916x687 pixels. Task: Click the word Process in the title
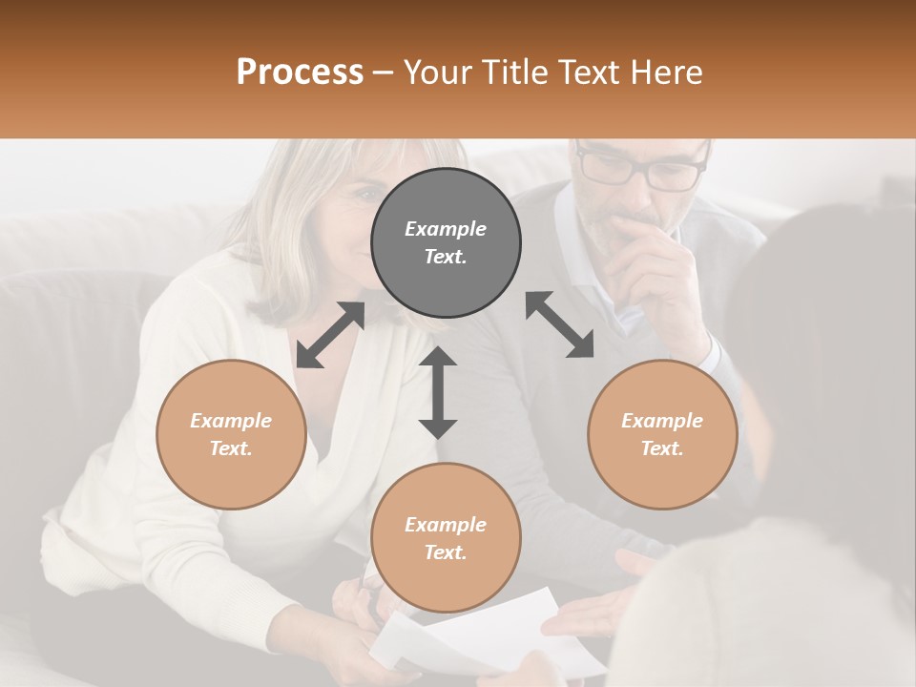300,72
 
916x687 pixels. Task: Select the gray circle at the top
446,242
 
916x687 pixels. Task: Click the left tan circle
231,434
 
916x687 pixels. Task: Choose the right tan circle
662,434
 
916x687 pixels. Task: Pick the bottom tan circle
446,538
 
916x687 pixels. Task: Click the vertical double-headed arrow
438,392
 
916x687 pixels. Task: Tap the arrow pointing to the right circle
559,324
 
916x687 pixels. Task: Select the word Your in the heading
435,72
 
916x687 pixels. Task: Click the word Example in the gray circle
446,229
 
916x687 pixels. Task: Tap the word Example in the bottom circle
446,525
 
